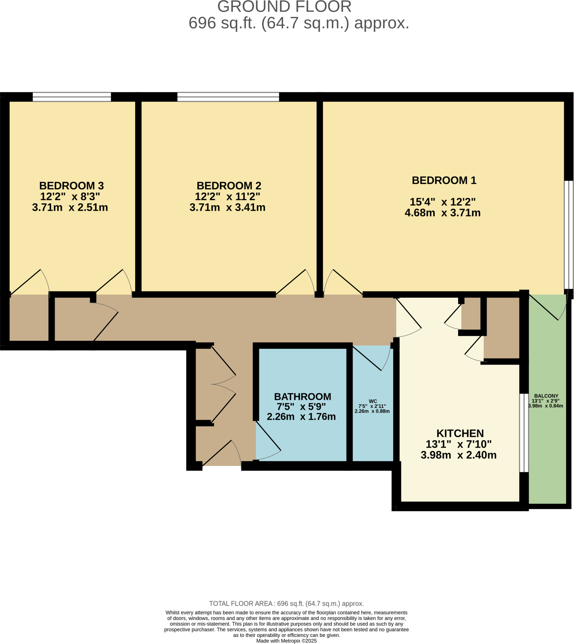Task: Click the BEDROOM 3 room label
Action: click(x=71, y=185)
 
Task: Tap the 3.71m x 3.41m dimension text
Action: click(x=227, y=208)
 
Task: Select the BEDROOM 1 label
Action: click(x=444, y=180)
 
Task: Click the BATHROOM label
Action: click(x=303, y=397)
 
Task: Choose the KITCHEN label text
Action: click(x=460, y=433)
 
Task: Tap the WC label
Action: click(x=373, y=401)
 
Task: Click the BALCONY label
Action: click(x=546, y=396)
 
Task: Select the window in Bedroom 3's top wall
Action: click(x=72, y=97)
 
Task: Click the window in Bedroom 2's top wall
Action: click(x=228, y=97)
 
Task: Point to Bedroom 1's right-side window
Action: click(x=569, y=235)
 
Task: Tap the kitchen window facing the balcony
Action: click(x=524, y=433)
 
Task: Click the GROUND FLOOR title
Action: click(x=284, y=7)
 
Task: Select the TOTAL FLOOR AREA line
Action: click(x=286, y=603)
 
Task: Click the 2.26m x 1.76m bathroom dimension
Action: click(x=301, y=417)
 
